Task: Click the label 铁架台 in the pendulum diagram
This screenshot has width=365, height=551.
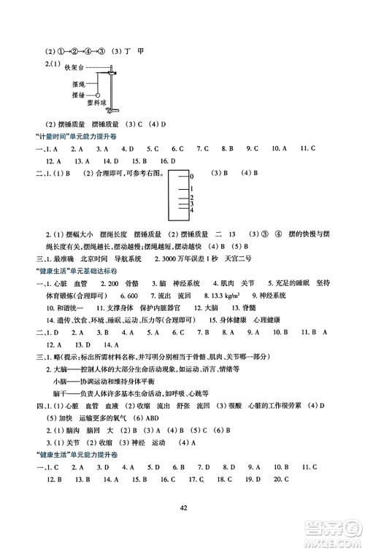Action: coord(76,69)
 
